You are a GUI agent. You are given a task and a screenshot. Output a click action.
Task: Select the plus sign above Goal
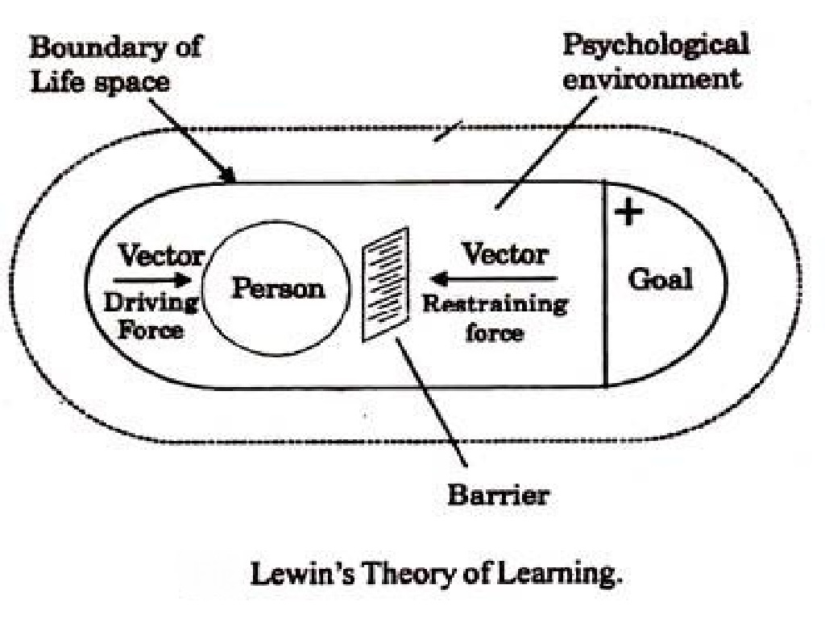(629, 212)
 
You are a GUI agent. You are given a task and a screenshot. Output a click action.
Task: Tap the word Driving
(152, 303)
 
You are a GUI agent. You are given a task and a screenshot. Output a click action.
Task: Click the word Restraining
(495, 305)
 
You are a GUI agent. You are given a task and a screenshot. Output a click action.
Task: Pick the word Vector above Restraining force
(504, 255)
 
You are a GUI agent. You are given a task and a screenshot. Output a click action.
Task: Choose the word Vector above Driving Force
(161, 256)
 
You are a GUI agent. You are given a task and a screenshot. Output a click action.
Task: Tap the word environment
(651, 79)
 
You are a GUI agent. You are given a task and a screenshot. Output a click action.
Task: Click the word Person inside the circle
(279, 288)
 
